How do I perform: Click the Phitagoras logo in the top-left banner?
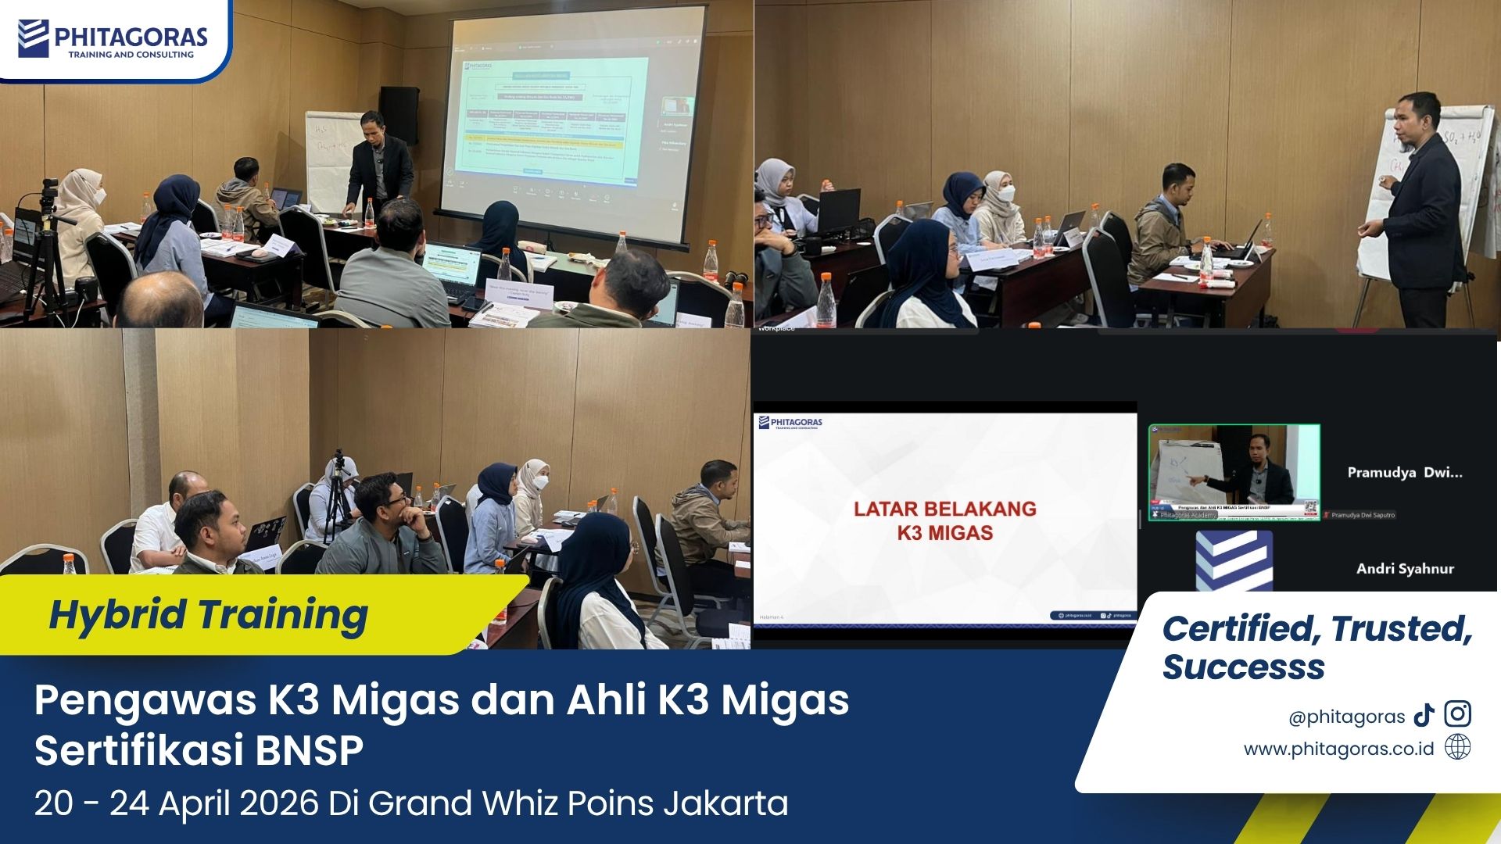coord(113,39)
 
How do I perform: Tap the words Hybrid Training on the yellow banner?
coord(208,614)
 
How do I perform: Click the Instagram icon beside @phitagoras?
coord(1457,714)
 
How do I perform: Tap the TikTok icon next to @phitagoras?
coord(1424,715)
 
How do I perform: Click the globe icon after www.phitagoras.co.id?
coord(1457,747)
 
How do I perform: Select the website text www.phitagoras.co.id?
coord(1338,749)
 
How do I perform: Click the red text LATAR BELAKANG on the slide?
coord(944,509)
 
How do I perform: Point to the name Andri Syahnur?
coord(1405,569)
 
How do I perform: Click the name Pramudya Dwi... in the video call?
coord(1404,472)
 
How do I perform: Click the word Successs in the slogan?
coord(1243,667)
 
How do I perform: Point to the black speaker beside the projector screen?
coord(399,116)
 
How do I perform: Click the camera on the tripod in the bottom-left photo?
coord(339,465)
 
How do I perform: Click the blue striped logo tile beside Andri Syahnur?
coord(1234,561)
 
